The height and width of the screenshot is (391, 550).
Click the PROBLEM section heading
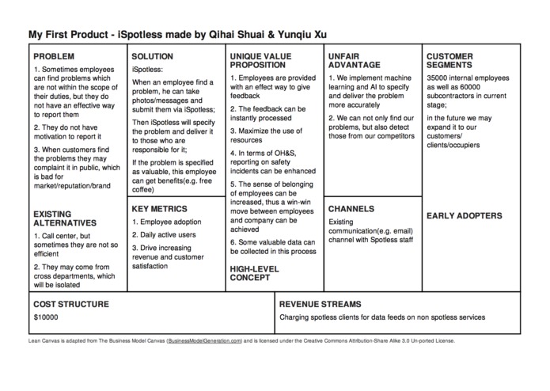pyautogui.click(x=54, y=57)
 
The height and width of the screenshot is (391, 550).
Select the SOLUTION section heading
pyautogui.click(x=153, y=57)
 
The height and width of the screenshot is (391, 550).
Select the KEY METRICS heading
pyautogui.click(x=159, y=209)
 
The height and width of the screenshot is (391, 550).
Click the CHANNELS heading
pyautogui.click(x=351, y=209)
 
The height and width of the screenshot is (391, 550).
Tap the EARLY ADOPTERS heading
pyautogui.click(x=465, y=215)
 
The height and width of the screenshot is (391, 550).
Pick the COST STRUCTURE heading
pyautogui.click(x=70, y=303)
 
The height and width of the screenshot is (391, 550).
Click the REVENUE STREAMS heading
pyautogui.click(x=321, y=303)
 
